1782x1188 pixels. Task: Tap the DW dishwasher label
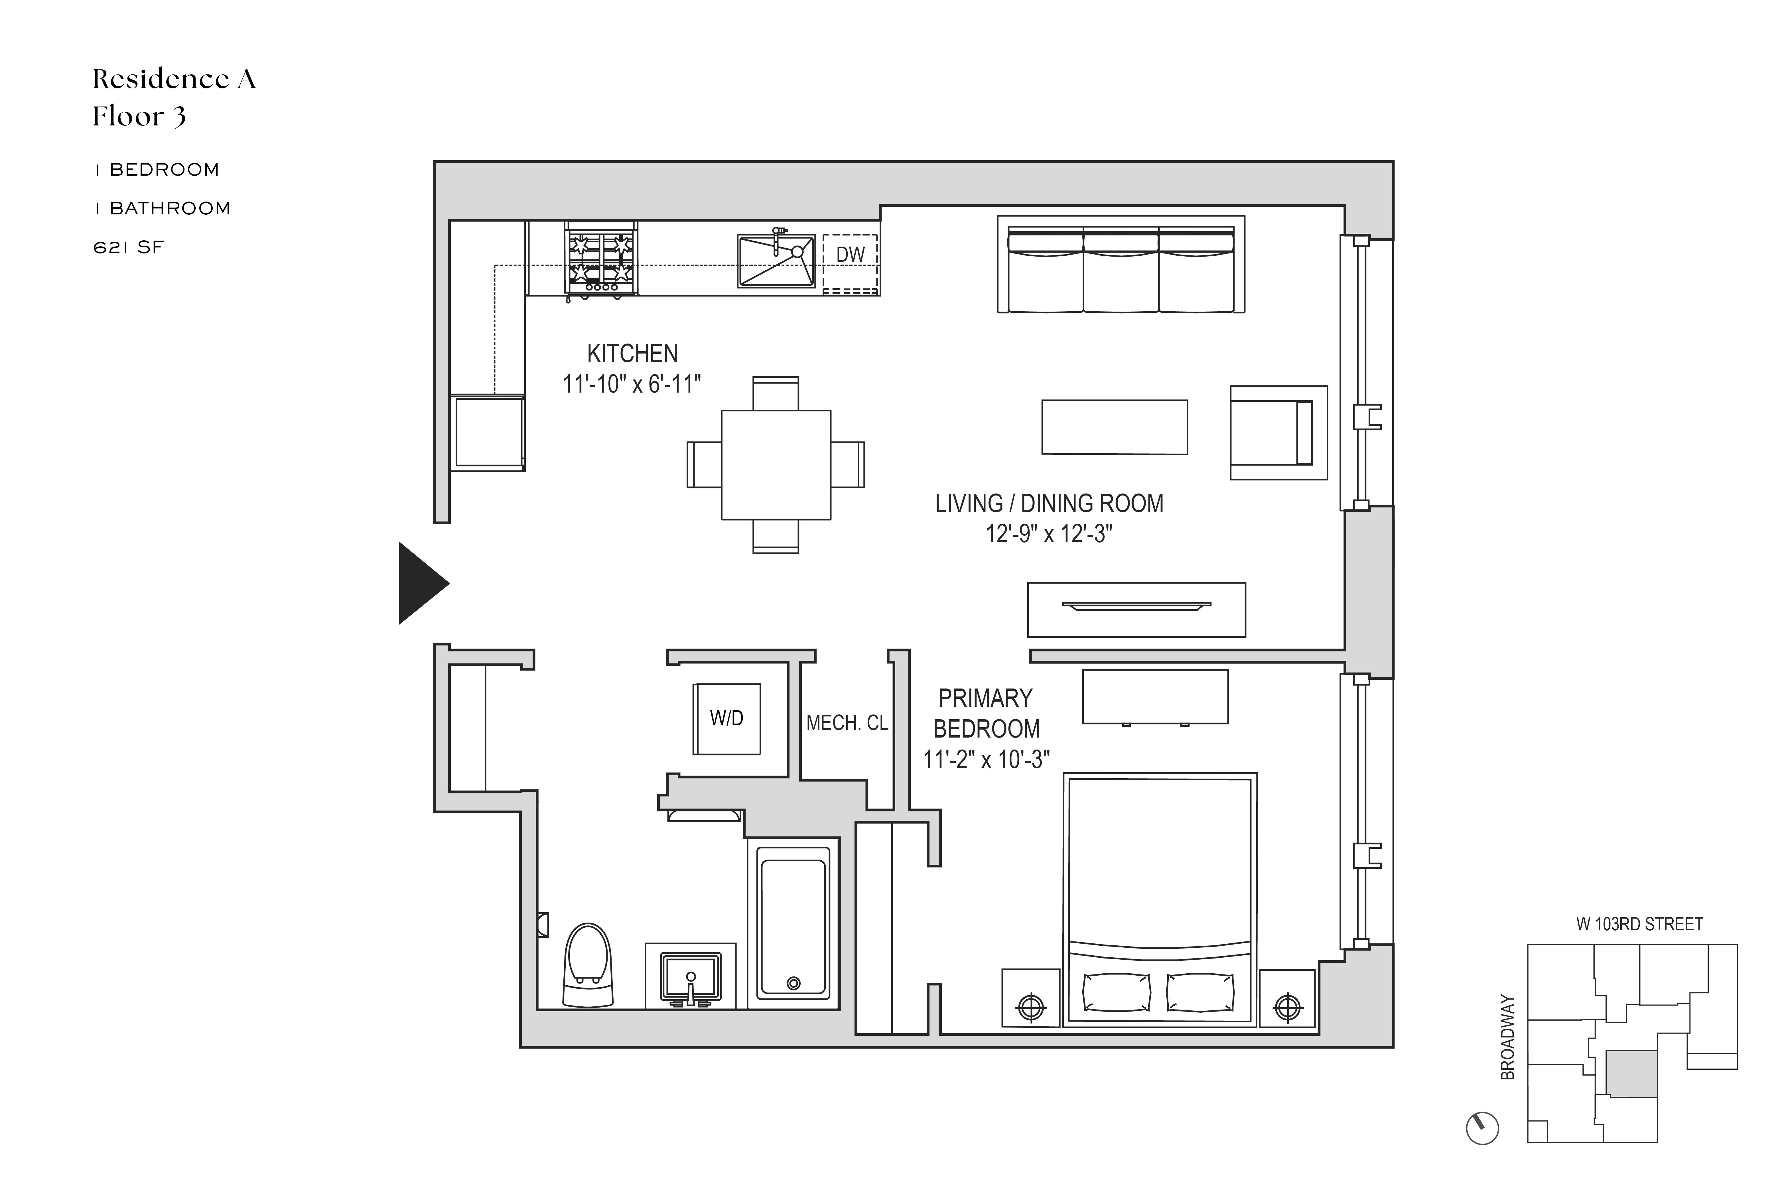[850, 255]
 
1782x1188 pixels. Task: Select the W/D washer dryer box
[726, 718]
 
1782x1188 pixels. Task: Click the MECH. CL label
[846, 724]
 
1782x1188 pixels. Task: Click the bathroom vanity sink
[690, 977]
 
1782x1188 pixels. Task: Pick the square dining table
[776, 464]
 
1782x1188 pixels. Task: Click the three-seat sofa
[1121, 265]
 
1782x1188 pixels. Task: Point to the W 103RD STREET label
[1639, 924]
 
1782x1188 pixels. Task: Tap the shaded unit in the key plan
[1631, 1074]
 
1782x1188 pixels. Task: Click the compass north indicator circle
[1483, 1128]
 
